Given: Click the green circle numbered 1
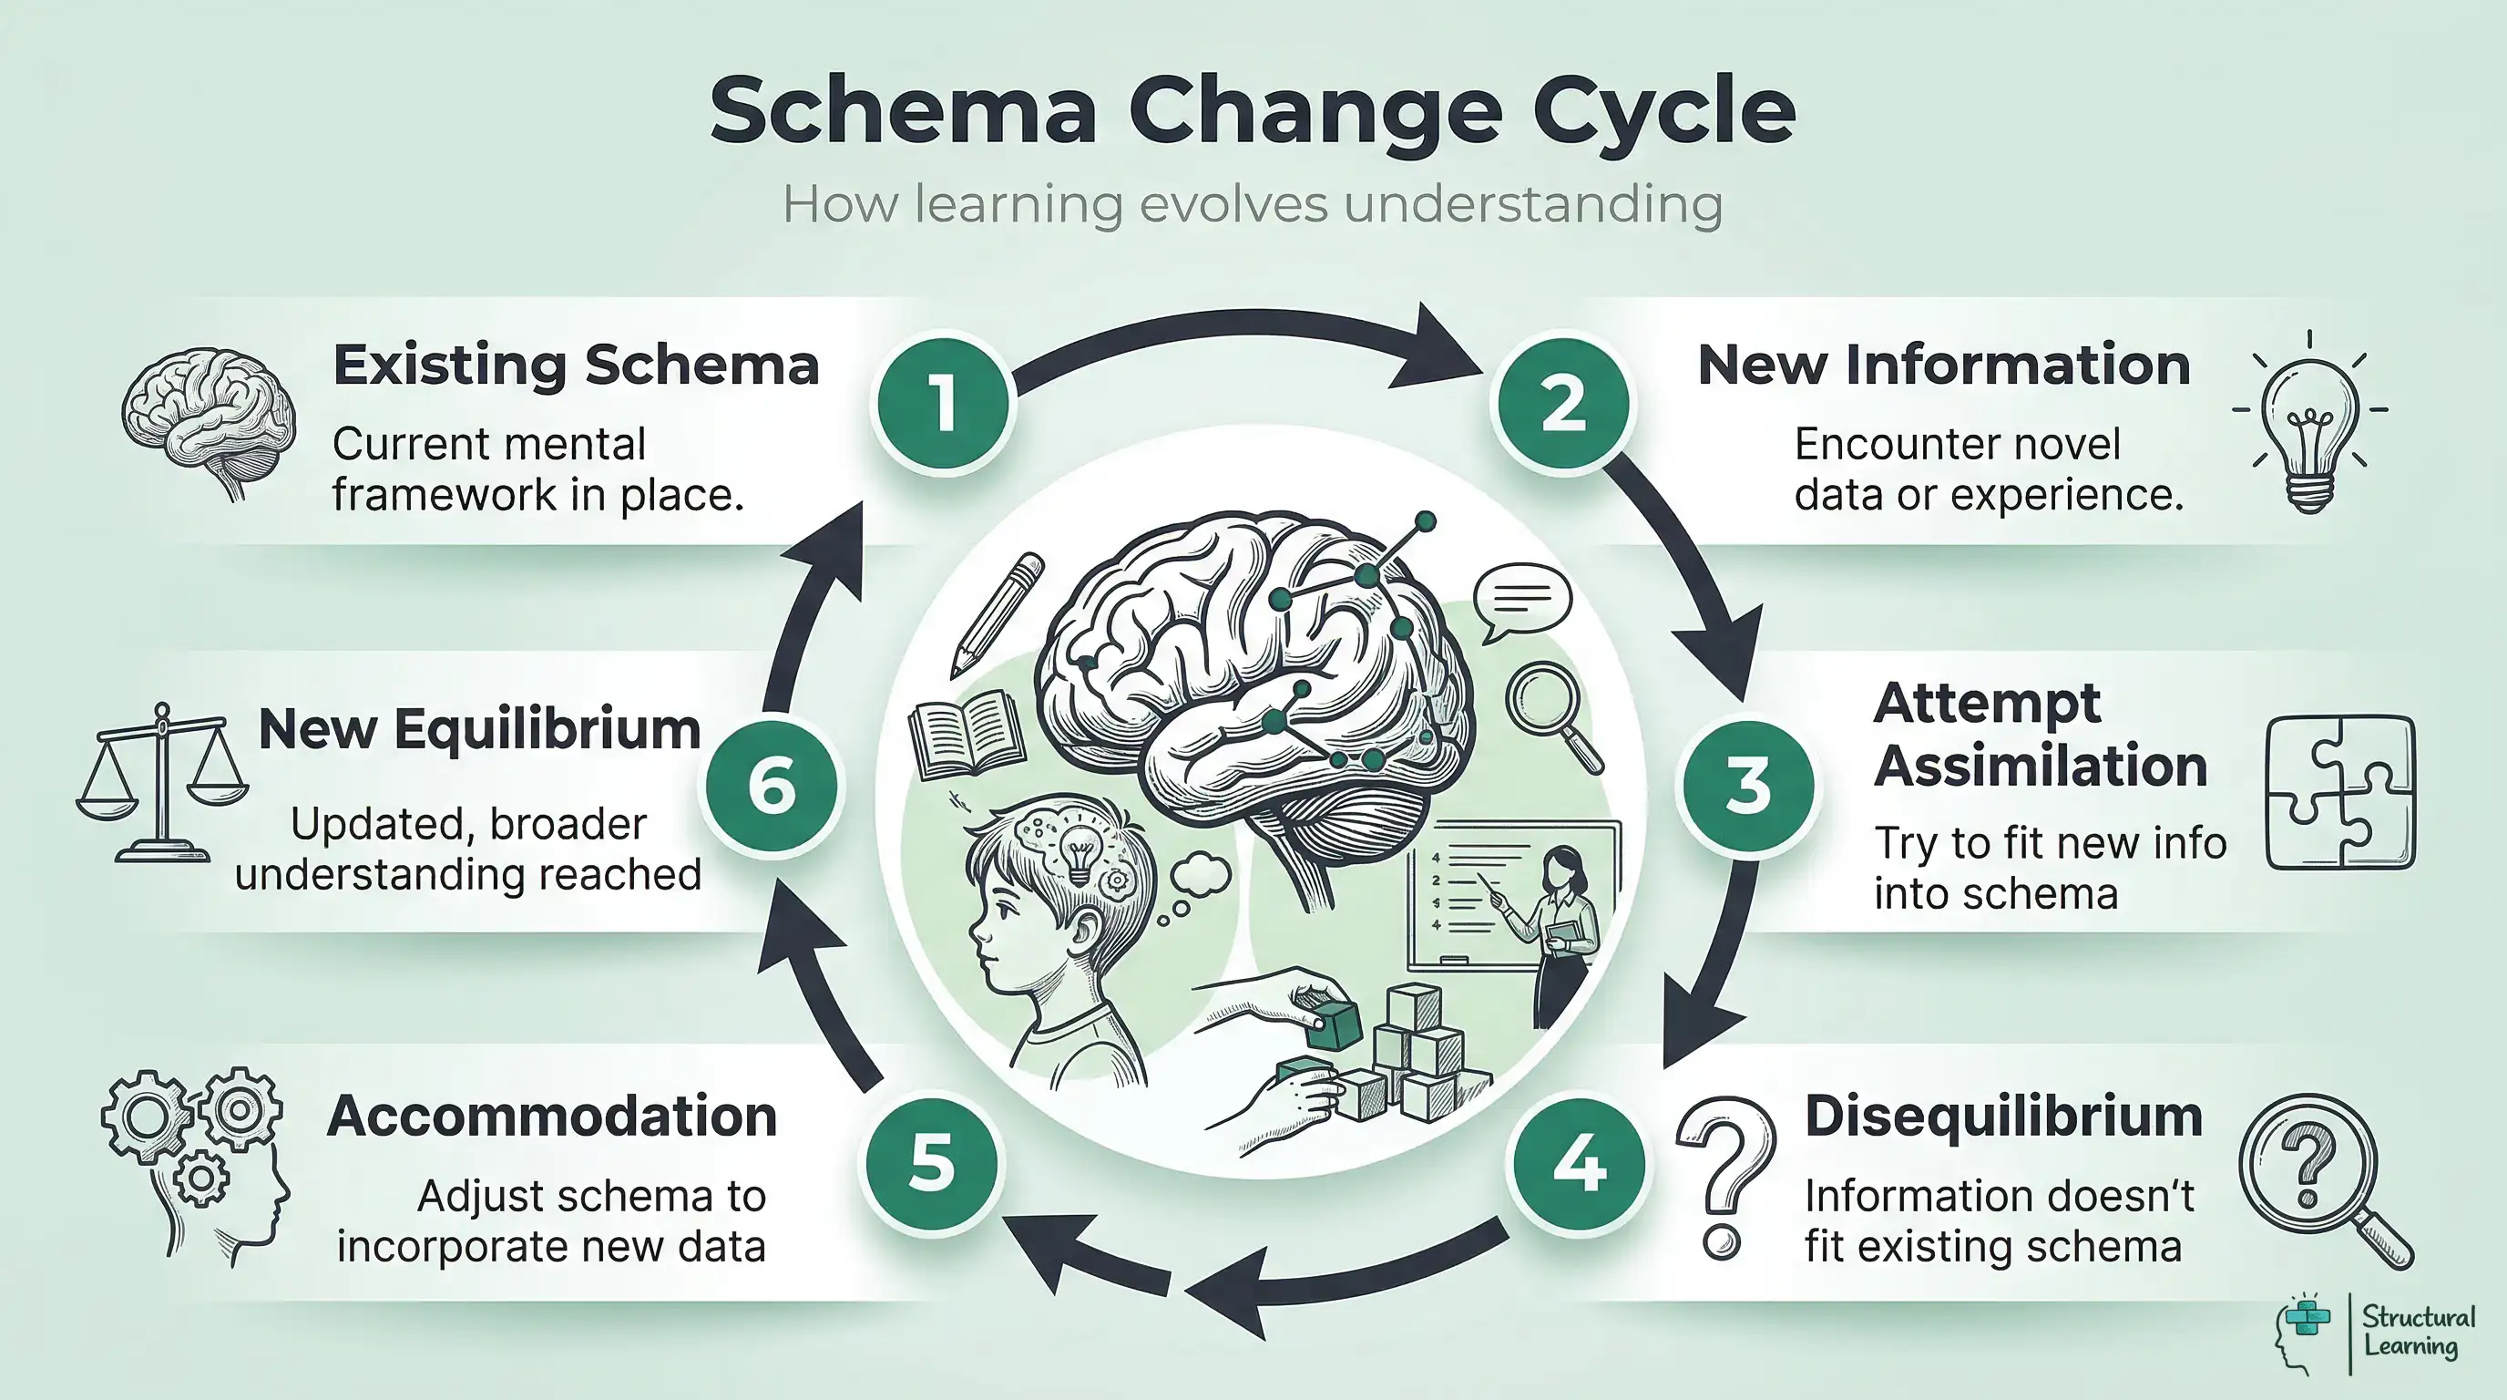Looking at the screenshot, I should click(x=943, y=403).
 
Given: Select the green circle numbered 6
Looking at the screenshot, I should click(x=773, y=786).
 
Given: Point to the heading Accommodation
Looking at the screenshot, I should click(x=552, y=1116).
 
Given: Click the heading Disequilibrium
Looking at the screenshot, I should click(x=2003, y=1116).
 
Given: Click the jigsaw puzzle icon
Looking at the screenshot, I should click(x=2339, y=792).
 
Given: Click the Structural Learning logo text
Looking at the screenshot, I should click(x=2419, y=1332).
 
